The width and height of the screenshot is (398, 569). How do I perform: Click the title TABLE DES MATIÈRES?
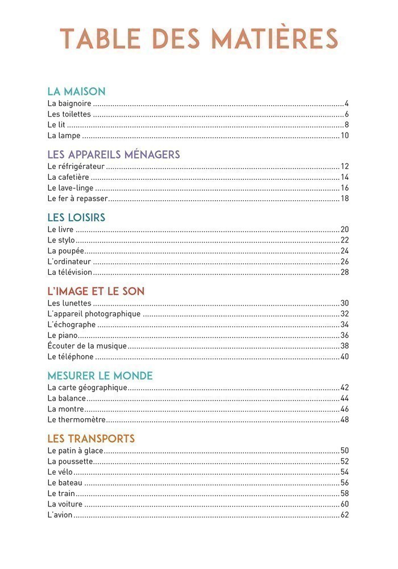(199, 38)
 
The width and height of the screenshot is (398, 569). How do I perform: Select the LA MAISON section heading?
(76, 91)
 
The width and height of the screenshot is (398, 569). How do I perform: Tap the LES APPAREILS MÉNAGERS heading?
(114, 154)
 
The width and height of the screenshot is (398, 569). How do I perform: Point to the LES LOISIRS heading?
(76, 217)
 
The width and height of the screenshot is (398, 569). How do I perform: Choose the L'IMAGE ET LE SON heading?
(96, 291)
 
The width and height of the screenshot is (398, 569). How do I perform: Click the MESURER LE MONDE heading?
(100, 376)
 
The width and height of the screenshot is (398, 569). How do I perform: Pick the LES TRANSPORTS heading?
(91, 439)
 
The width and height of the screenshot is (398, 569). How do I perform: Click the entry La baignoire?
(69, 104)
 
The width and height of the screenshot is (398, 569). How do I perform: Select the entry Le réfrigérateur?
(76, 167)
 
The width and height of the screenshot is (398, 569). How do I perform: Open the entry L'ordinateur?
(69, 262)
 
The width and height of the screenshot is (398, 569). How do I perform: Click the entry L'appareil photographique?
(94, 314)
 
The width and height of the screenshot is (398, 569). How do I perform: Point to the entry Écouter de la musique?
(87, 346)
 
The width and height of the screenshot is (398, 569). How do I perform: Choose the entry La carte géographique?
(87, 388)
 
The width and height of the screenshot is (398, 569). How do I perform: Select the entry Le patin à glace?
(75, 451)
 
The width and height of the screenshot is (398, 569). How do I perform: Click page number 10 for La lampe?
(345, 135)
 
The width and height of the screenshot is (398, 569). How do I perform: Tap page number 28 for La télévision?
(345, 272)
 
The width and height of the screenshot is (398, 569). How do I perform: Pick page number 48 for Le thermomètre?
(345, 420)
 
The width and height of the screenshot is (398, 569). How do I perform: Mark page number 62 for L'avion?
(345, 515)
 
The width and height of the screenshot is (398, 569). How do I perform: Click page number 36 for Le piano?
(345, 335)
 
